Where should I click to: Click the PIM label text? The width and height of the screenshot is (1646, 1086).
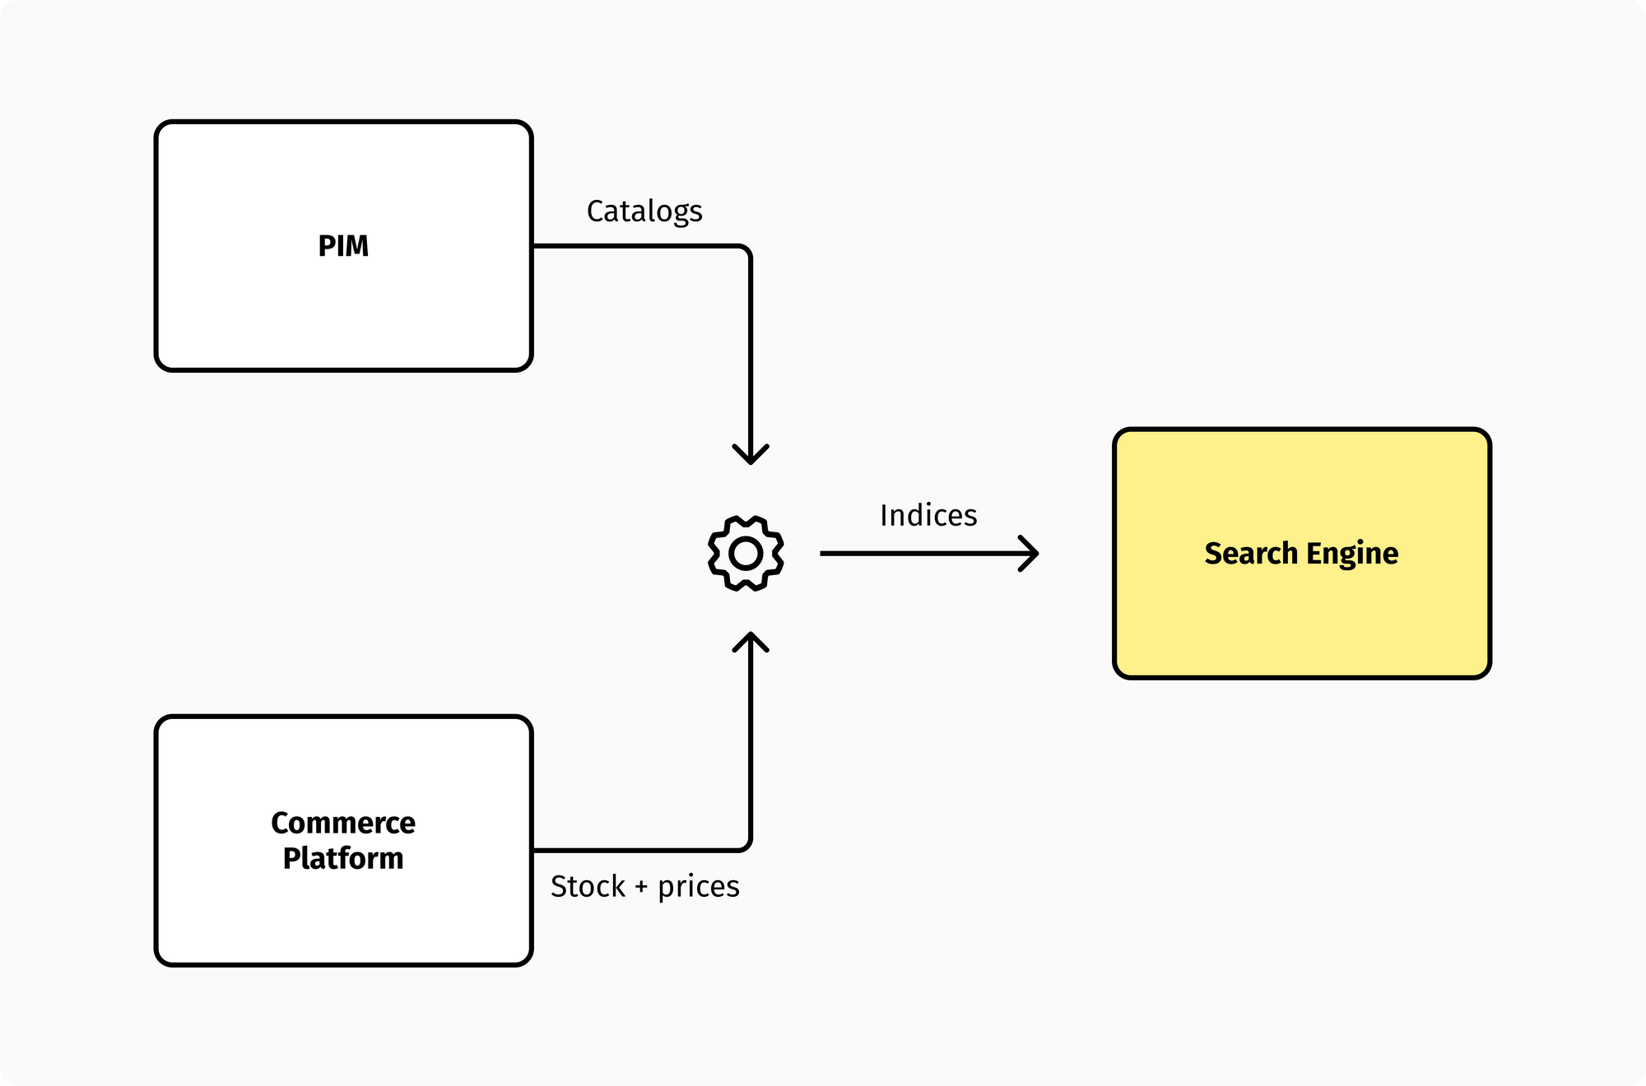[x=343, y=246]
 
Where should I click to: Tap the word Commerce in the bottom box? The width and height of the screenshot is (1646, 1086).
[x=343, y=823]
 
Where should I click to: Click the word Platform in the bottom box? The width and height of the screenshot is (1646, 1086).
[x=343, y=858]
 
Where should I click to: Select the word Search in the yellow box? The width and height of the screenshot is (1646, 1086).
[x=1251, y=554]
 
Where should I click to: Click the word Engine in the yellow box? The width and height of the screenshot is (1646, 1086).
[x=1352, y=554]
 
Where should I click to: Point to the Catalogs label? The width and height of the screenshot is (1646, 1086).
[x=644, y=211]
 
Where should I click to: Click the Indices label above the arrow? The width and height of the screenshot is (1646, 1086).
[x=928, y=516]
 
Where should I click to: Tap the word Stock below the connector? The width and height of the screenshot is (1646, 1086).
[x=588, y=887]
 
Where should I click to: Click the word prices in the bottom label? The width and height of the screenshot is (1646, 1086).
[x=698, y=887]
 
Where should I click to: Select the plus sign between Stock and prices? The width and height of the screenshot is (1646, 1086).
[x=641, y=888]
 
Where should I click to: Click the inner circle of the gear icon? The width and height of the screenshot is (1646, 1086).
[x=746, y=554]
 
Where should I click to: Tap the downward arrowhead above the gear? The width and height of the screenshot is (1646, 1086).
[x=751, y=455]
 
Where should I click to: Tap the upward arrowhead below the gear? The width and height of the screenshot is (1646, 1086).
[x=751, y=642]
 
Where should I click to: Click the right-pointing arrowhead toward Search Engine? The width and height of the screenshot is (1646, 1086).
[x=1030, y=554]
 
